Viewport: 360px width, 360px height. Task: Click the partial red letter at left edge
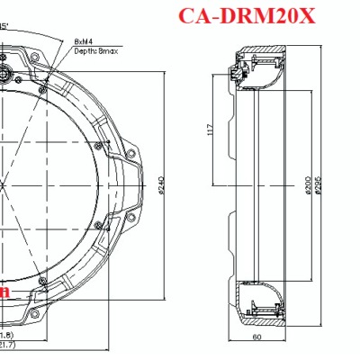4,292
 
